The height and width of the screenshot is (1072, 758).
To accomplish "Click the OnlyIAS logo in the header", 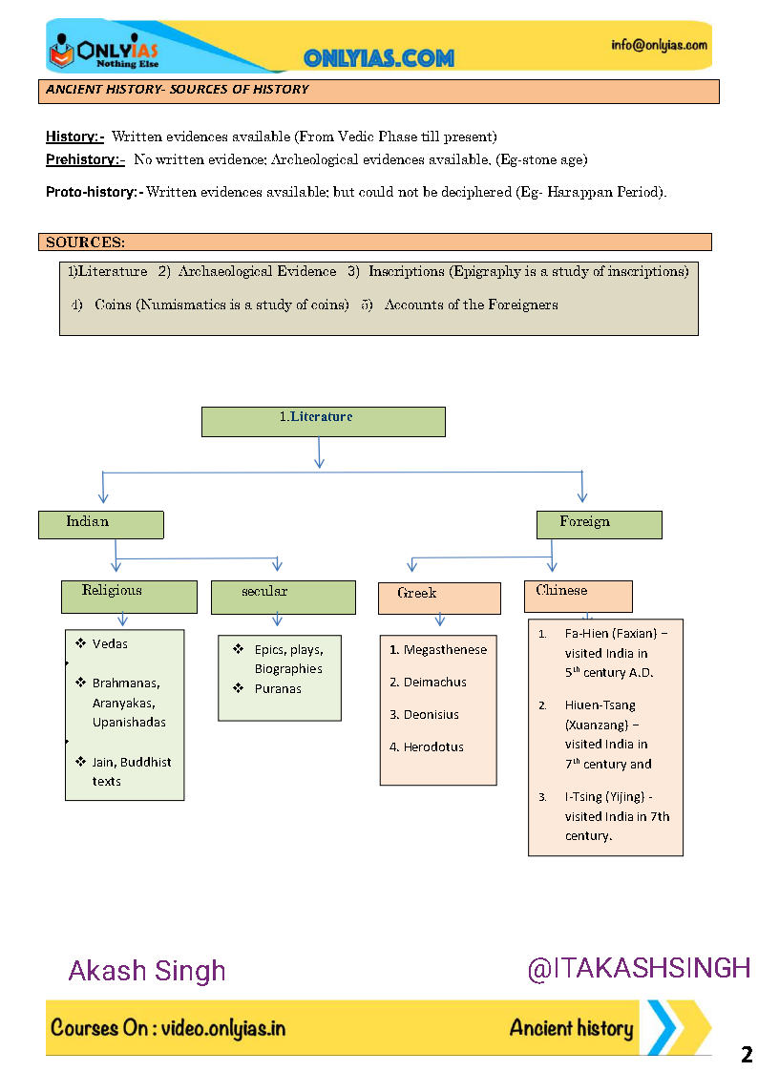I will [x=104, y=51].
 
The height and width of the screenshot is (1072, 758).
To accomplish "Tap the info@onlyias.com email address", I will [x=660, y=45].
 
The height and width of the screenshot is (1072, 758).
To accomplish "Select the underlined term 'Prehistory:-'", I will [x=85, y=159].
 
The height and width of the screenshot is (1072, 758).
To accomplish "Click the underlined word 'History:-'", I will [x=74, y=137].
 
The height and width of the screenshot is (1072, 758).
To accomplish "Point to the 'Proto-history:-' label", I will [x=94, y=192].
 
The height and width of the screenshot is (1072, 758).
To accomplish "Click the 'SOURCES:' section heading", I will [x=85, y=242].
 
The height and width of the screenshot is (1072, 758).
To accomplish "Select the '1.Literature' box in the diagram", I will [x=323, y=421].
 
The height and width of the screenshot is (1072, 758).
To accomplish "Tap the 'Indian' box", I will [x=100, y=524].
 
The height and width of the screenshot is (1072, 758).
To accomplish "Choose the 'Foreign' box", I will [x=598, y=524].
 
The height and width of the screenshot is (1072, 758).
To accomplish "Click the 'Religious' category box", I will [x=129, y=597].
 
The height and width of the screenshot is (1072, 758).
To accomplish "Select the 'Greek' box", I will [x=439, y=598].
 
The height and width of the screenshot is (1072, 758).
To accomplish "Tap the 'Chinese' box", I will [x=578, y=596].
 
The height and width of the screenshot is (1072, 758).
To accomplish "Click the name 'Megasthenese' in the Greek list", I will [x=445, y=650].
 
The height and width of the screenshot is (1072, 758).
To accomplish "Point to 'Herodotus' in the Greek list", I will [x=433, y=747].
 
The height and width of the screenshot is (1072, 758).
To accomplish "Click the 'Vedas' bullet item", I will [x=110, y=644].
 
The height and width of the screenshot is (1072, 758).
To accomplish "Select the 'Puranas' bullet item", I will [x=278, y=689].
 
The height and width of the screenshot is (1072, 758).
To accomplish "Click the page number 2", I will [x=746, y=1055].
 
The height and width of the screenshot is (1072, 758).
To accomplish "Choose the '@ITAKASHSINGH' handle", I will [x=639, y=969].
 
